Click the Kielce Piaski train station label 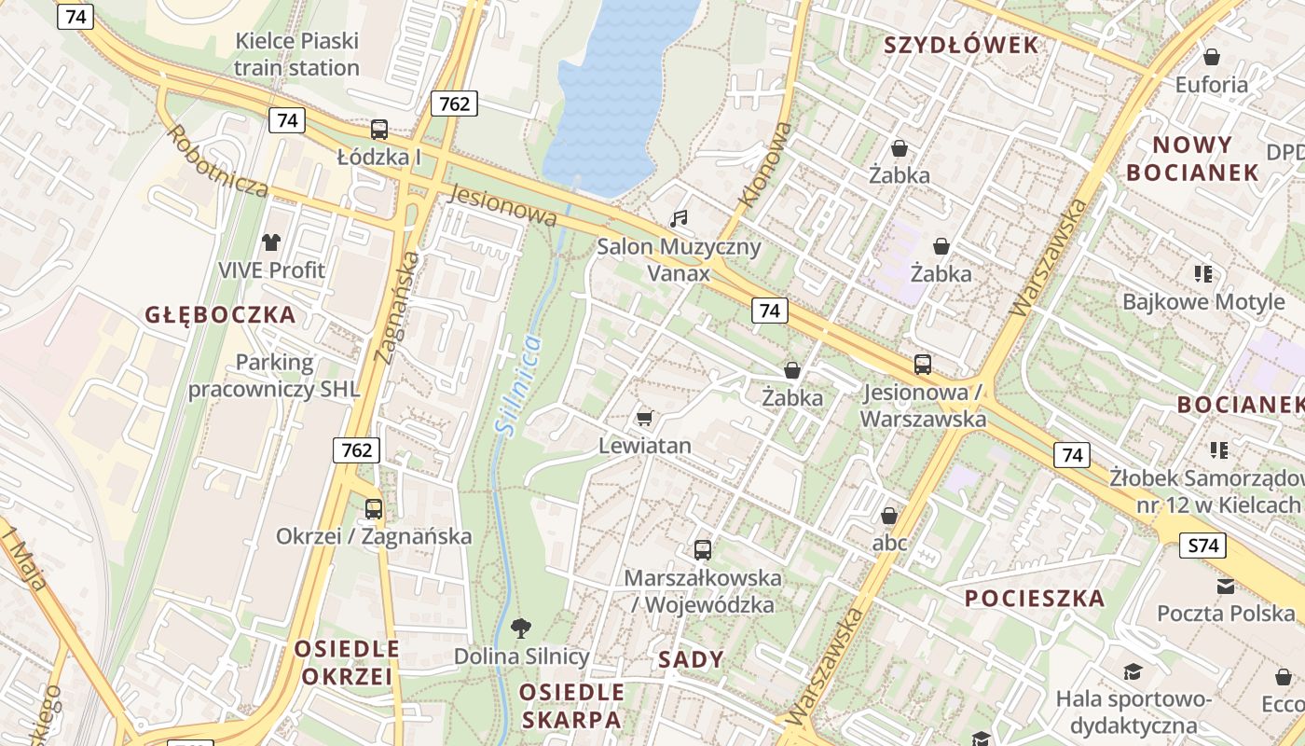click(x=296, y=54)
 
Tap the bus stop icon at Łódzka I click(x=378, y=130)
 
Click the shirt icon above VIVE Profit click(x=270, y=242)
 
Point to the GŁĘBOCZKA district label click(x=220, y=315)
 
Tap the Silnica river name click(x=518, y=385)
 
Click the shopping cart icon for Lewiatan click(x=644, y=417)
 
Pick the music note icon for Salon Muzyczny click(x=679, y=219)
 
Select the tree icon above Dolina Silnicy click(x=521, y=628)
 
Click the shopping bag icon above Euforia click(x=1212, y=57)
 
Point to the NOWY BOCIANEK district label click(x=1192, y=159)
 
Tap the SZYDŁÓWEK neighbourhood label click(x=960, y=45)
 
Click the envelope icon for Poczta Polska click(x=1226, y=586)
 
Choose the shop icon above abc click(x=889, y=516)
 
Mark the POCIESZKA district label click(x=1035, y=599)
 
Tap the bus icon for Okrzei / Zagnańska click(x=374, y=508)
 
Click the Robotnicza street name click(x=218, y=160)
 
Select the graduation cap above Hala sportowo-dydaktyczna click(x=1133, y=671)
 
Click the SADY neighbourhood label click(x=691, y=660)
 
